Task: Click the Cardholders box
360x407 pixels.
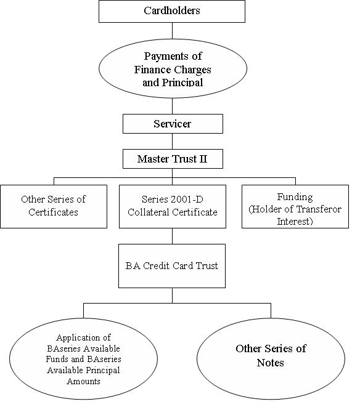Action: click(172, 11)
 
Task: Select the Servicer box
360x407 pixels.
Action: click(173, 124)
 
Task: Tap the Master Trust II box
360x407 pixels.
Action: click(173, 159)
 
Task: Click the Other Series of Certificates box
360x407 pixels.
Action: click(54, 207)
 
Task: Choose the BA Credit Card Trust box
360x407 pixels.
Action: click(172, 266)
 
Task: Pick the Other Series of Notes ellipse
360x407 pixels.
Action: click(271, 359)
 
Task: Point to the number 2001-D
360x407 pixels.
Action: click(186, 199)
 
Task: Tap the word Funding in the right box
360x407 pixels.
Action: click(295, 197)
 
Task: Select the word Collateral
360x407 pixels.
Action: click(149, 212)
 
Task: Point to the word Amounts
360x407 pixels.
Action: click(83, 381)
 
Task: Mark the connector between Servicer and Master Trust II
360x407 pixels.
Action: click(173, 142)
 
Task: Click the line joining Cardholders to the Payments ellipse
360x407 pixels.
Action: click(173, 31)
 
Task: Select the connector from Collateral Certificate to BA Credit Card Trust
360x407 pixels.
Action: click(173, 236)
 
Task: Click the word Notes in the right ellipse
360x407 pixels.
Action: click(271, 363)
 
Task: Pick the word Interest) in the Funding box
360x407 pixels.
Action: click(295, 222)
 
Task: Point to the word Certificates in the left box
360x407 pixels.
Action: click(53, 212)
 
